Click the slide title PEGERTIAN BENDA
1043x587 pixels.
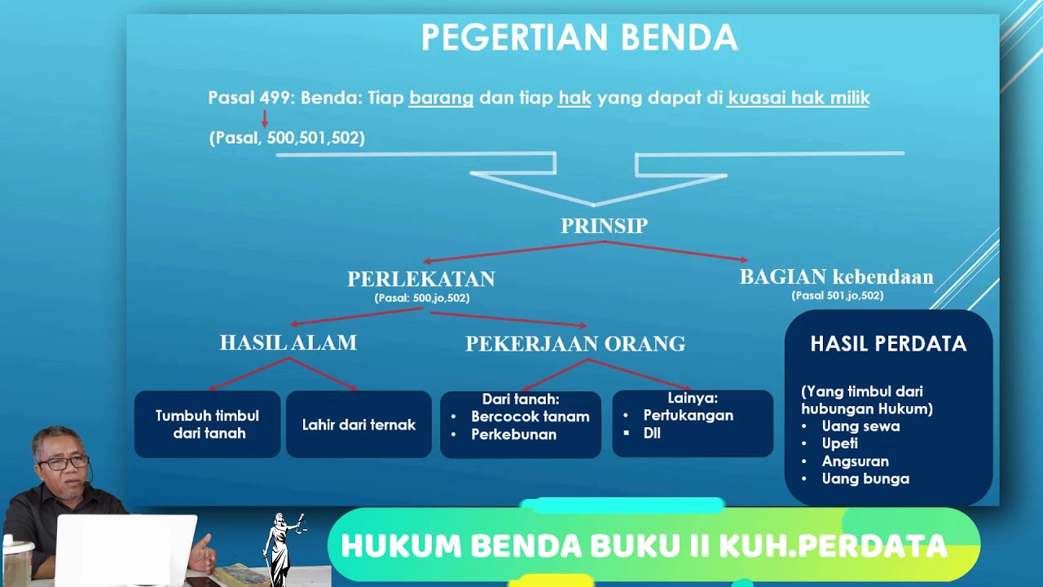pyautogui.click(x=579, y=38)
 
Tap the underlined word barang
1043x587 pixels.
pyautogui.click(x=441, y=99)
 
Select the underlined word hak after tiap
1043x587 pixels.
pyautogui.click(x=574, y=99)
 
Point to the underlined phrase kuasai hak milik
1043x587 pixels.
pyautogui.click(x=799, y=99)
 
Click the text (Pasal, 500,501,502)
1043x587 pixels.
pyautogui.click(x=287, y=138)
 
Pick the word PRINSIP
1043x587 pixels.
pyautogui.click(x=604, y=226)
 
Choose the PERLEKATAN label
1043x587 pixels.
pyautogui.click(x=421, y=279)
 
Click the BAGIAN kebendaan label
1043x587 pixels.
pyautogui.click(x=836, y=277)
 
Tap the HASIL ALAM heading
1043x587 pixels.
pyautogui.click(x=288, y=343)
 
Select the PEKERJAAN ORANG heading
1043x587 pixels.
pyautogui.click(x=575, y=344)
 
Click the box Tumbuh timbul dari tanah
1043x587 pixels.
pyautogui.click(x=207, y=424)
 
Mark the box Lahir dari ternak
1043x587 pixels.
pyautogui.click(x=359, y=425)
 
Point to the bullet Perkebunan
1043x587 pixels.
pyautogui.click(x=513, y=435)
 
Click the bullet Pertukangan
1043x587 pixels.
pyautogui.click(x=688, y=416)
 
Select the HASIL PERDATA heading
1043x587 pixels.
pyautogui.click(x=888, y=344)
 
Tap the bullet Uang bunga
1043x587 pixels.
pyautogui.click(x=865, y=479)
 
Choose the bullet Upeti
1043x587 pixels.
pyautogui.click(x=839, y=444)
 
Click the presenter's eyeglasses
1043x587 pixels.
pyautogui.click(x=63, y=462)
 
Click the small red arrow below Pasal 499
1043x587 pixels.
pyautogui.click(x=264, y=119)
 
